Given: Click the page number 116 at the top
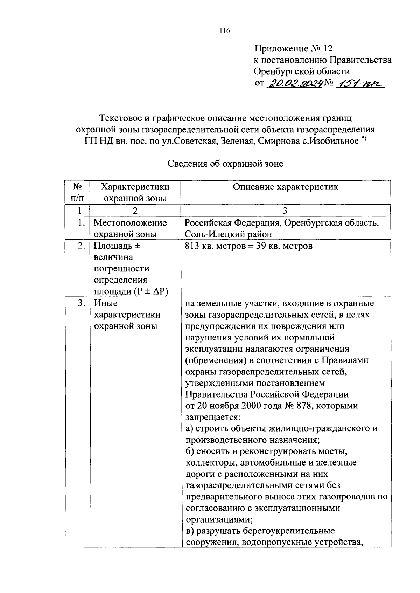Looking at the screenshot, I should (224, 31).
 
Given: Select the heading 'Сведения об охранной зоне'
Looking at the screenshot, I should (225, 164).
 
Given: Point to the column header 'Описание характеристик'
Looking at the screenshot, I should (286, 187).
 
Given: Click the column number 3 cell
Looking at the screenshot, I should (285, 211).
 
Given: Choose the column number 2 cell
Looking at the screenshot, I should (135, 211).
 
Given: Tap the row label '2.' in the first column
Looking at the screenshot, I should (81, 246).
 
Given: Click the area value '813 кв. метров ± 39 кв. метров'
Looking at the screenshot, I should (248, 246).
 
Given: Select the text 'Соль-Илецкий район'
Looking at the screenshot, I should (228, 234).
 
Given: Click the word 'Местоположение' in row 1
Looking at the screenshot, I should (130, 223).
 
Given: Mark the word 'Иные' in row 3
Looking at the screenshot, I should (106, 303).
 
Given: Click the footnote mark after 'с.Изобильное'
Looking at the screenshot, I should (364, 139).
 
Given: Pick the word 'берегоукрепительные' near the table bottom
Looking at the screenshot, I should (265, 531).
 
